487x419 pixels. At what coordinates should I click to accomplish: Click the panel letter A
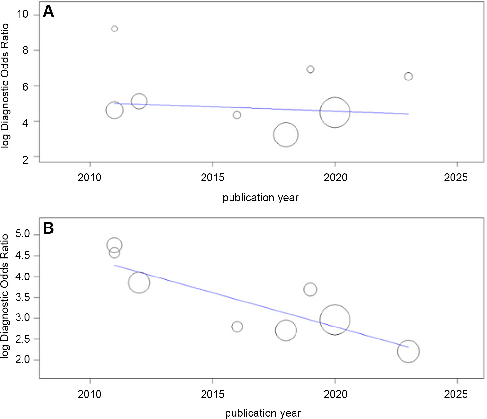point(48,12)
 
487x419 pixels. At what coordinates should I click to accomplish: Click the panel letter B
point(48,228)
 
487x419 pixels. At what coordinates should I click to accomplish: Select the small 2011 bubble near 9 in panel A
point(114,29)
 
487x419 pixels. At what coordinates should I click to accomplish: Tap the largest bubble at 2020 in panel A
point(335,112)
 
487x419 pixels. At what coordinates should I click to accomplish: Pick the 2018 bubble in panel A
point(286,135)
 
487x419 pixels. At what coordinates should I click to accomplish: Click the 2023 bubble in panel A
point(408,77)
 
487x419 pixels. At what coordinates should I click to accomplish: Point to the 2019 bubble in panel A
point(310,69)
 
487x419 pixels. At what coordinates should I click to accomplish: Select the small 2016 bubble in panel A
point(237,115)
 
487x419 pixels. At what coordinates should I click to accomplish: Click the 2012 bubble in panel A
point(139,101)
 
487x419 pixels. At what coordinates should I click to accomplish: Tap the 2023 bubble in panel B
point(408,351)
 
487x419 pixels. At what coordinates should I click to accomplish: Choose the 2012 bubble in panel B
point(139,282)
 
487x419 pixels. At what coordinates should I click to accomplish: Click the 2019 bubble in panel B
point(310,290)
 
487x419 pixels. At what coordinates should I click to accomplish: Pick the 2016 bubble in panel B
point(237,327)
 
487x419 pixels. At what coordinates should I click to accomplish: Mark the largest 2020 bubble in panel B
point(335,320)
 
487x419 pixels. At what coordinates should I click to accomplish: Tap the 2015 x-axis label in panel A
point(213,178)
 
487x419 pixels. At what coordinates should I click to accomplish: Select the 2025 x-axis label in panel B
point(456,394)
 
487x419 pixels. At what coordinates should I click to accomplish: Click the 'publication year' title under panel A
point(260,198)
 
